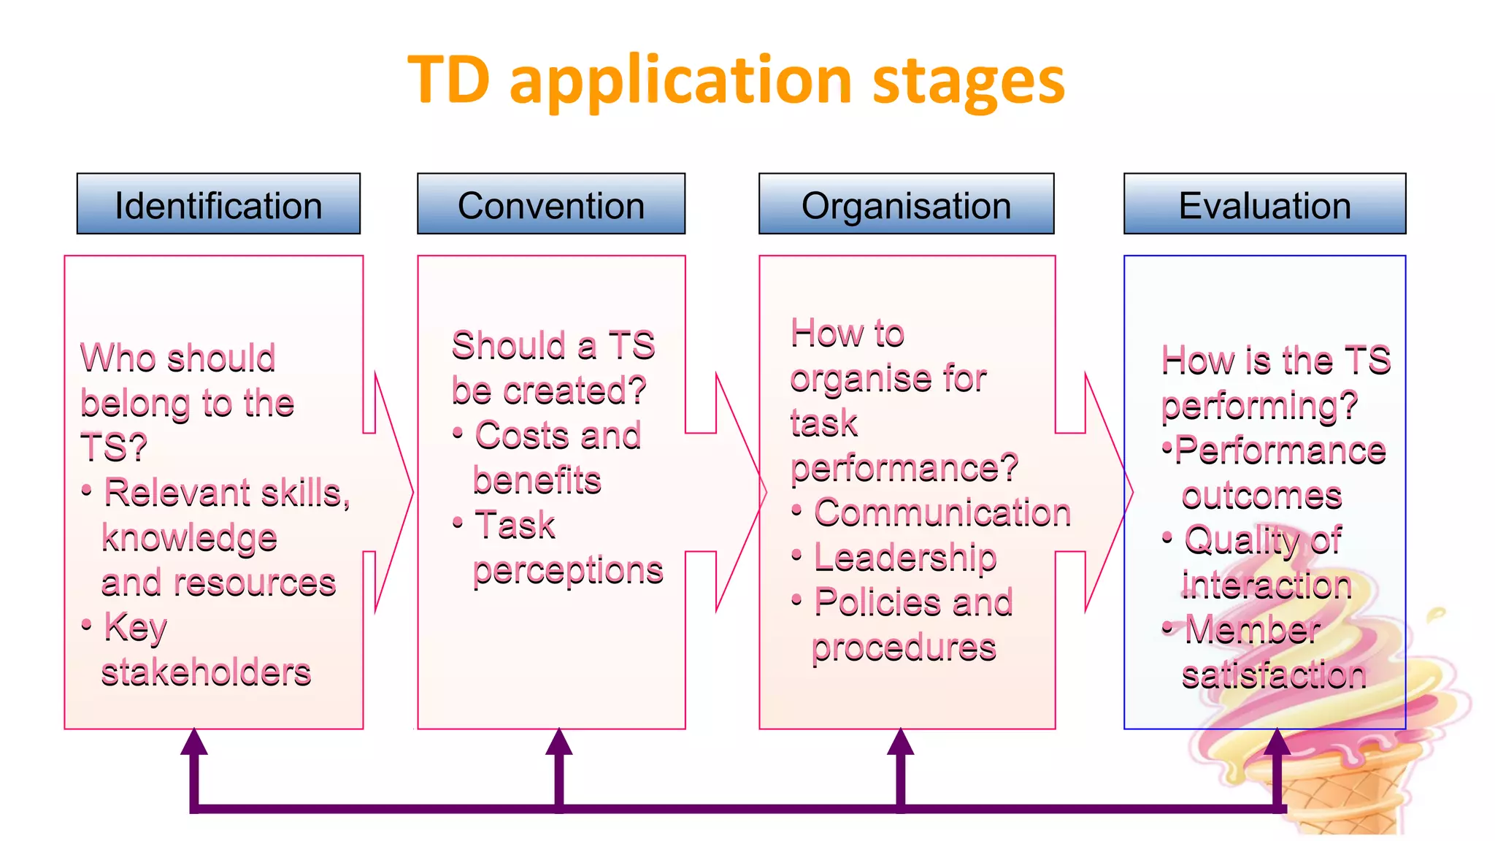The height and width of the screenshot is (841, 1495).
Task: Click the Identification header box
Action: pyautogui.click(x=218, y=204)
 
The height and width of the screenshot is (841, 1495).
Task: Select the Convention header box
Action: pyautogui.click(x=551, y=204)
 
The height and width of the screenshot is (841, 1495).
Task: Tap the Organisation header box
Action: pyautogui.click(x=906, y=204)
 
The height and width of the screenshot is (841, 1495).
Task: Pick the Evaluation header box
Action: pyautogui.click(x=1264, y=204)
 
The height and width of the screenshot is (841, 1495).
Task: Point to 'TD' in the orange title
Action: pyautogui.click(x=448, y=80)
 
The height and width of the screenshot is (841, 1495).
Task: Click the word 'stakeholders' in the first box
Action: pyautogui.click(x=206, y=672)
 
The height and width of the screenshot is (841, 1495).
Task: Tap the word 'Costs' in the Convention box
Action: pyautogui.click(x=520, y=436)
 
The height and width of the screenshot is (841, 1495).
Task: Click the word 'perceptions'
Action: pyautogui.click(x=568, y=571)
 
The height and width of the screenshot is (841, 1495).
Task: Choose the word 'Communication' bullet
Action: pyautogui.click(x=942, y=512)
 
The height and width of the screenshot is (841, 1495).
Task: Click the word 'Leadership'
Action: pyautogui.click(x=905, y=558)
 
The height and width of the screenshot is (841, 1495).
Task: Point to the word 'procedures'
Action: pyautogui.click(x=904, y=648)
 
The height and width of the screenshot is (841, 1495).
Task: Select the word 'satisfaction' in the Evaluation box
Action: pyautogui.click(x=1274, y=675)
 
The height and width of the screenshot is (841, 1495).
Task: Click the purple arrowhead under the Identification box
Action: pyautogui.click(x=194, y=743)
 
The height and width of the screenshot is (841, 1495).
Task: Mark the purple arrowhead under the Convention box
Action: pyautogui.click(x=559, y=743)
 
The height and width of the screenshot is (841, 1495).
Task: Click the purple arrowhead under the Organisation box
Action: pyautogui.click(x=901, y=743)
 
